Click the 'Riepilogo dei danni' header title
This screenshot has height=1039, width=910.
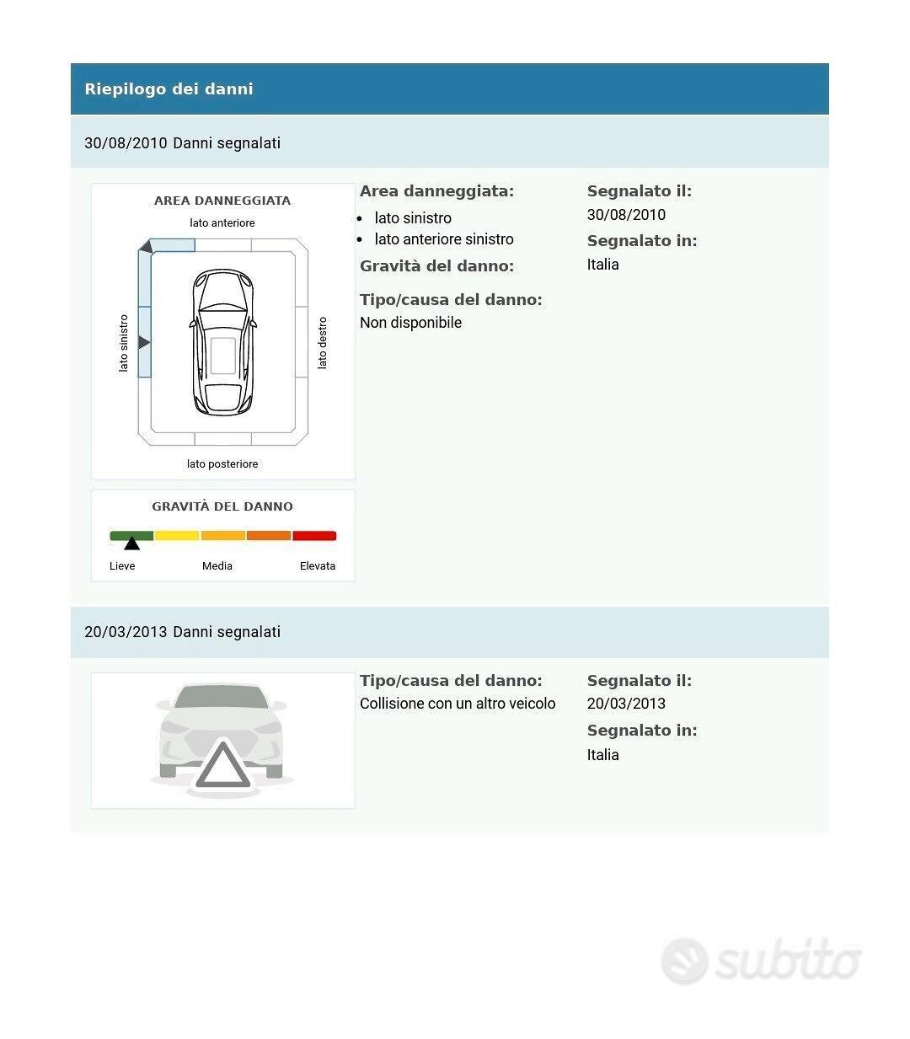point(169,89)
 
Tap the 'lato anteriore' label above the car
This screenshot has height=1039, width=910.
point(222,223)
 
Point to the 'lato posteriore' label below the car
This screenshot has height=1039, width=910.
point(222,464)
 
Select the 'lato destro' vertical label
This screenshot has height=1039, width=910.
point(322,343)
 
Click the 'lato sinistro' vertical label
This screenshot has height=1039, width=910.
point(124,343)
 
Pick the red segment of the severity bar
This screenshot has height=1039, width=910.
point(314,536)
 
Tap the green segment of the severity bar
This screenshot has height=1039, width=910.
point(131,536)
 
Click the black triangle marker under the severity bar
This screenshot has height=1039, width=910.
point(132,544)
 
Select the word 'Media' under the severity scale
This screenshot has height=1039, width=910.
point(217,566)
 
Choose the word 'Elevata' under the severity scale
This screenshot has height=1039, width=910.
point(318,566)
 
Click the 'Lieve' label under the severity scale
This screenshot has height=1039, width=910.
point(122,566)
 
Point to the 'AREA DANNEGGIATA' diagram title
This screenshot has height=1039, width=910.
point(222,201)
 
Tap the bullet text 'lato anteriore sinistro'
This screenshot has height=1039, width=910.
point(444,239)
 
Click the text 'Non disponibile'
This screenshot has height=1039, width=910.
point(410,323)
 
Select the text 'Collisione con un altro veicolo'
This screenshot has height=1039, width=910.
point(458,704)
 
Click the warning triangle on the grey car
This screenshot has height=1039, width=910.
point(222,767)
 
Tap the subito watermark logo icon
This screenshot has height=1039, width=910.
point(684,961)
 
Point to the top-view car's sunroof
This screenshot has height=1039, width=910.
point(223,356)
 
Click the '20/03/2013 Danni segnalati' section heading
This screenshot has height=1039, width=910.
point(182,632)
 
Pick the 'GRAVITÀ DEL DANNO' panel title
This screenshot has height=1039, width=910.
point(222,507)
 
